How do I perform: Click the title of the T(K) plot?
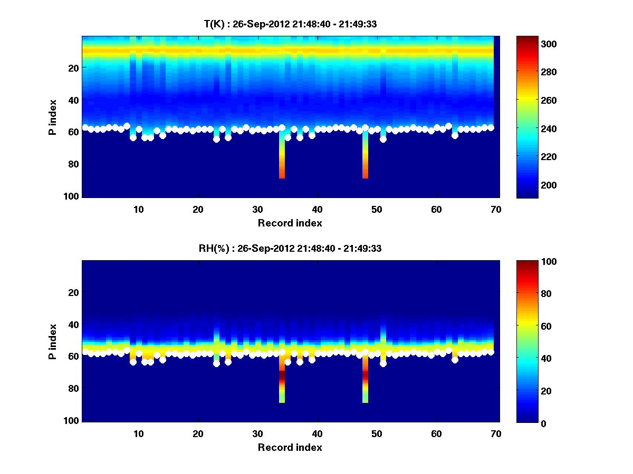(290, 24)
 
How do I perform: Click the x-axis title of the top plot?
(290, 223)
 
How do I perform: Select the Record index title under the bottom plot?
(290, 447)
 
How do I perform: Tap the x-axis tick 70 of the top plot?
(496, 209)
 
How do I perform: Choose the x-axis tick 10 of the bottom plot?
(139, 433)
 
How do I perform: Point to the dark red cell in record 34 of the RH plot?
(282, 377)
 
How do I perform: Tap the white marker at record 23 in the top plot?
(216, 140)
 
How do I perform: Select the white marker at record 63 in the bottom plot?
(455, 360)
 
